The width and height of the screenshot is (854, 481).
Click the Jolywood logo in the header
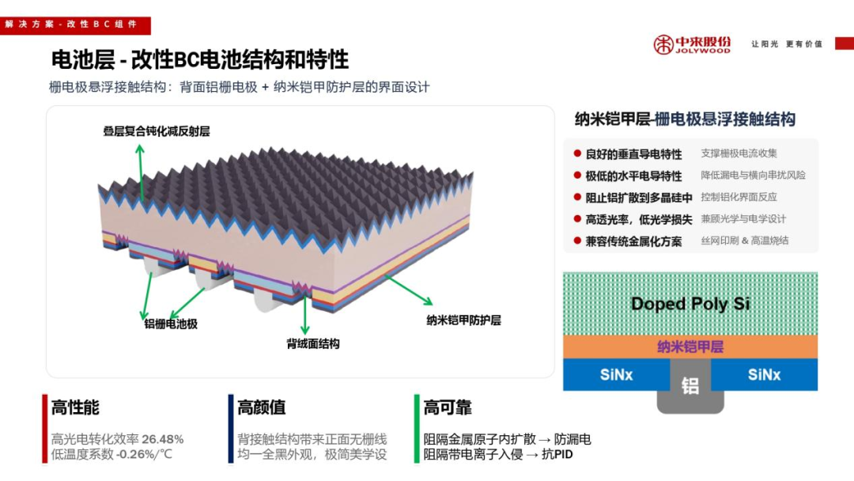click(x=691, y=44)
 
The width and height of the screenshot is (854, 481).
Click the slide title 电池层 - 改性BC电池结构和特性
click(x=199, y=59)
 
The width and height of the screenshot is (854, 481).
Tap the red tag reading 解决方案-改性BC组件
click(x=71, y=25)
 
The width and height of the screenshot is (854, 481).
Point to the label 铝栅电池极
click(x=170, y=324)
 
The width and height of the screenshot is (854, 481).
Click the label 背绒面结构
click(x=312, y=343)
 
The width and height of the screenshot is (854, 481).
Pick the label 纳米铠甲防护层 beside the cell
click(x=463, y=320)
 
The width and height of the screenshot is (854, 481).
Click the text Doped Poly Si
click(x=690, y=304)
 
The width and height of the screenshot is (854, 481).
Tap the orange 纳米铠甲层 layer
click(x=690, y=347)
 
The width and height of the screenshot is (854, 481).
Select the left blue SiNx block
click(x=615, y=374)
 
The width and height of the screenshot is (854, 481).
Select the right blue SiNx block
click(x=765, y=374)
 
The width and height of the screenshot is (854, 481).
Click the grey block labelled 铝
click(x=690, y=386)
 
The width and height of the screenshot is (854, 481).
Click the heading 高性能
click(x=75, y=407)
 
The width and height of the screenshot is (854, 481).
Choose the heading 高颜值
click(x=261, y=407)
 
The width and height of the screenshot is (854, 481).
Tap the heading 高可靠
click(x=448, y=407)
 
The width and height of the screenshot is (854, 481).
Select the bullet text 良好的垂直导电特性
click(x=633, y=153)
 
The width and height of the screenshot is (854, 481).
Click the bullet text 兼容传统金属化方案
click(x=633, y=241)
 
